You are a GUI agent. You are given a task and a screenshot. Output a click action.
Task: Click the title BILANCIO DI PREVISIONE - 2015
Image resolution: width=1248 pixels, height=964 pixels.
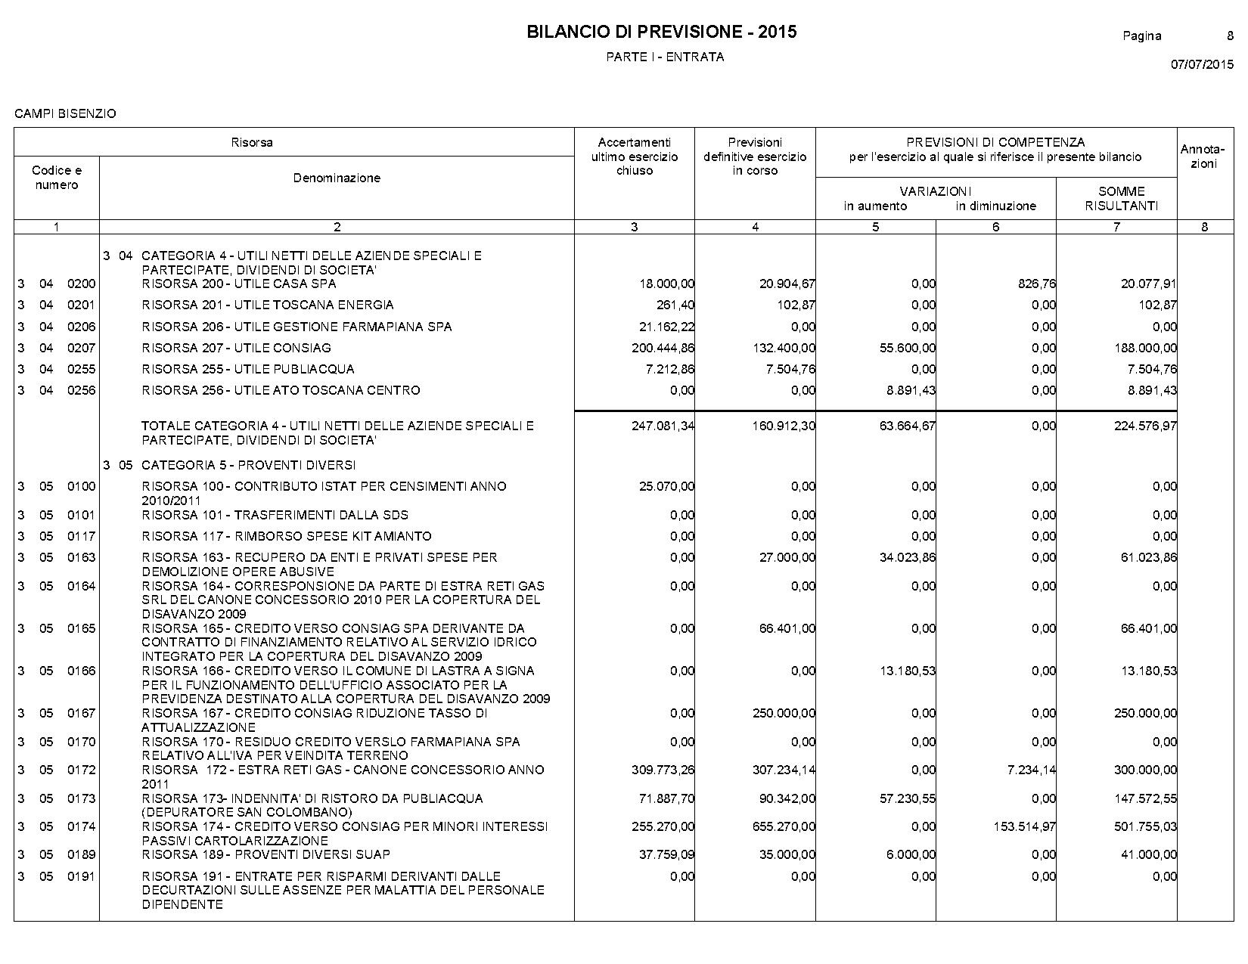click(661, 32)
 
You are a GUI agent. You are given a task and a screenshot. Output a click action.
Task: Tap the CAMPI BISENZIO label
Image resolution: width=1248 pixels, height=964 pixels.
click(65, 113)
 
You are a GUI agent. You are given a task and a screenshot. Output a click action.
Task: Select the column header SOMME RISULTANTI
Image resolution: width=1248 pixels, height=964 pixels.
click(1121, 198)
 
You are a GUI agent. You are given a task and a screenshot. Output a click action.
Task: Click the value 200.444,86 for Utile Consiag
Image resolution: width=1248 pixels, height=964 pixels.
click(663, 348)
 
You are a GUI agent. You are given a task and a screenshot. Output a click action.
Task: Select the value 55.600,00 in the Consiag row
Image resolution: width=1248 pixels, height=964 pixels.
click(907, 348)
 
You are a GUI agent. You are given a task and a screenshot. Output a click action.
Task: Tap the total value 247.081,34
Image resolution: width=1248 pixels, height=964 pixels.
click(663, 426)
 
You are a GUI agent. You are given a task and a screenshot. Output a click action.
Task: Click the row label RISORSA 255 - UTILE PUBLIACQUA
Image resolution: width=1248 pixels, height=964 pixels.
click(248, 369)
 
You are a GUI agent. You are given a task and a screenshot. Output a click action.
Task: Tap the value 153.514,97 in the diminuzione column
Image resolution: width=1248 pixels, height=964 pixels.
click(1025, 826)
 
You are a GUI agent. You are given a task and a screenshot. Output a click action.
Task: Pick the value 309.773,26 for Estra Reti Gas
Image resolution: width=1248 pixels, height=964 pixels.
click(663, 770)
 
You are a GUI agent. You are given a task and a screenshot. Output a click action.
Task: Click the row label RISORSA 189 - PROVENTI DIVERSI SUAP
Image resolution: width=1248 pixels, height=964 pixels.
click(265, 854)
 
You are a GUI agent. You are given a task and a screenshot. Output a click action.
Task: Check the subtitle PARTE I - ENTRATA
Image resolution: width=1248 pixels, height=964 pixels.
click(665, 57)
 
